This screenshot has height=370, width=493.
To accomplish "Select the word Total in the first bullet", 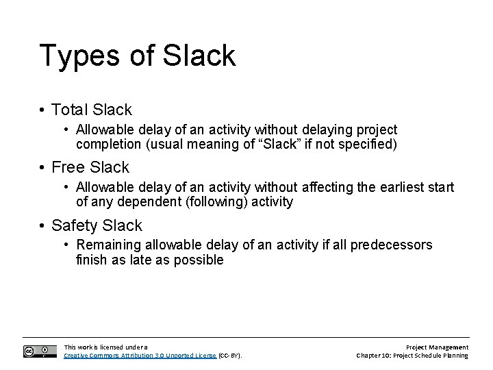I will pos(70,109).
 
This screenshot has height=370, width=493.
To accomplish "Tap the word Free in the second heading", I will pos(68,167).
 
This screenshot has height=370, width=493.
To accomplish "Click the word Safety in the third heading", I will pos(75,225).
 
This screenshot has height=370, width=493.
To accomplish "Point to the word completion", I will pos(106,144).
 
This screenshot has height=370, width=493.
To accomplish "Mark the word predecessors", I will pos(391,245).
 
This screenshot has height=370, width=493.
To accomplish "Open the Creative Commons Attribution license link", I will pos(140,356).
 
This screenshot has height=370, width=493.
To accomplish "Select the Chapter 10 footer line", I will pos(412,356).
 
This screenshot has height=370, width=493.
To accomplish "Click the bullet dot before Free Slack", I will pos(42,168).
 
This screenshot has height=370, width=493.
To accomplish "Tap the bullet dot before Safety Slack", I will pos(42,226).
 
